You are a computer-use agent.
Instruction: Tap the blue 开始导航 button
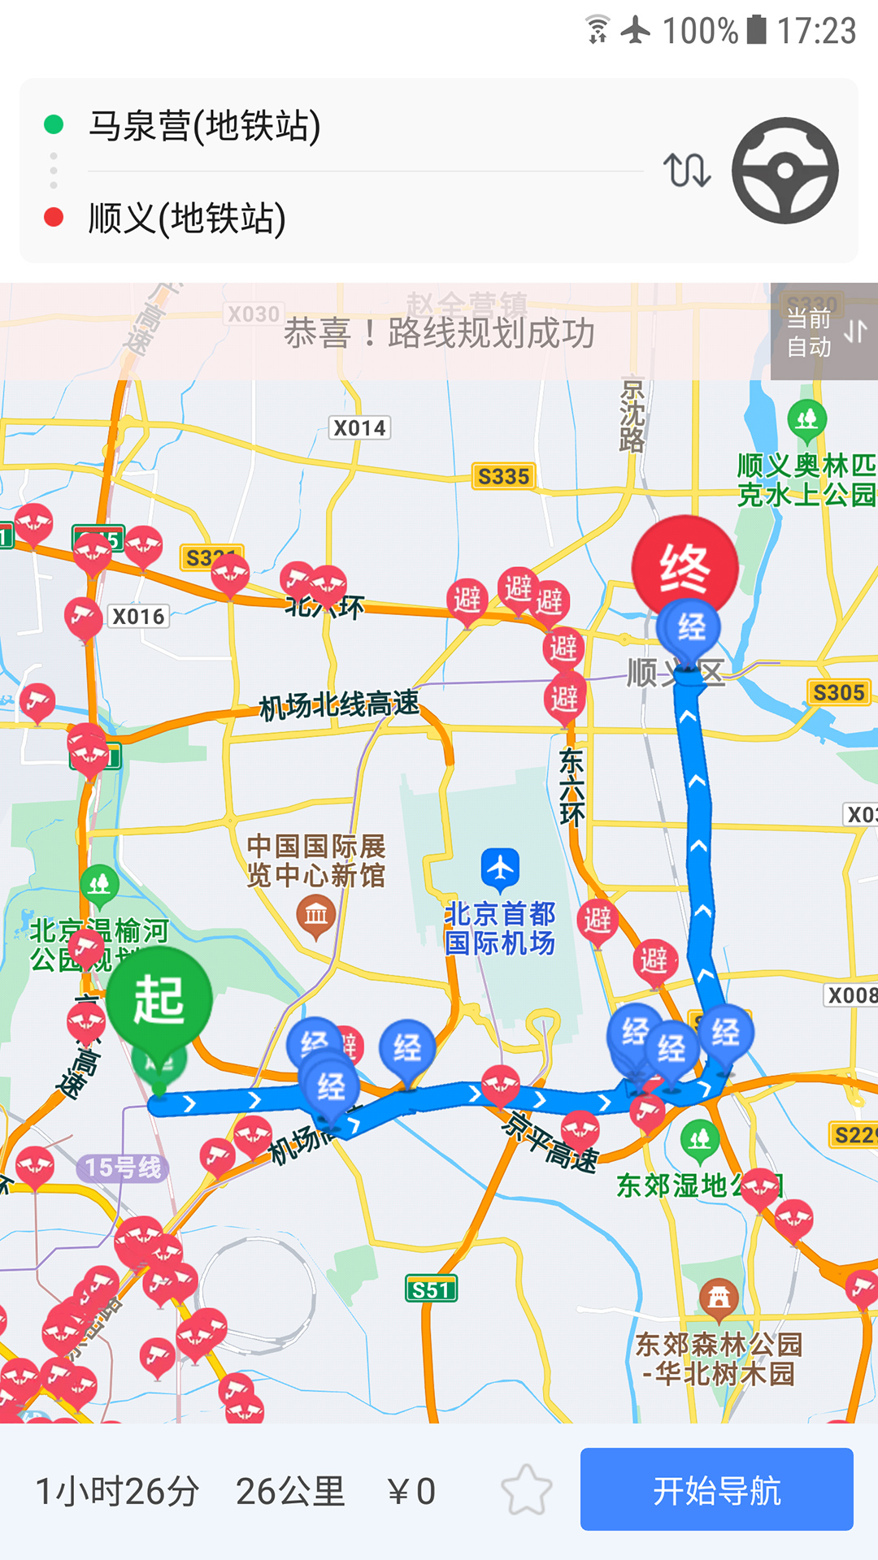pyautogui.click(x=716, y=1490)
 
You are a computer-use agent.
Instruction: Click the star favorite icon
pyautogui.click(x=526, y=1490)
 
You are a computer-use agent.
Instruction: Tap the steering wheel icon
pyautogui.click(x=785, y=171)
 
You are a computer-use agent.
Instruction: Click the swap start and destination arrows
pyautogui.click(x=687, y=171)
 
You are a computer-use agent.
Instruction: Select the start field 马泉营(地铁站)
pyautogui.click(x=204, y=126)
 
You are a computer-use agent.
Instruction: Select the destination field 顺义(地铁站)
pyautogui.click(x=187, y=219)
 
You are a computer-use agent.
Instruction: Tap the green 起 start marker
pyautogui.click(x=159, y=999)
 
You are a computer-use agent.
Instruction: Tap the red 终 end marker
pyautogui.click(x=685, y=568)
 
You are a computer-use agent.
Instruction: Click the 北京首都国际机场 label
pyautogui.click(x=500, y=929)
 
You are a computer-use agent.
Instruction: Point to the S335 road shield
pyautogui.click(x=503, y=477)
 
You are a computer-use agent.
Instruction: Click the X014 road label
pyautogui.click(x=359, y=428)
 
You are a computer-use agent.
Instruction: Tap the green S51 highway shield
pyautogui.click(x=431, y=1289)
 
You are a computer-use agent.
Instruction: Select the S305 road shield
pyautogui.click(x=839, y=693)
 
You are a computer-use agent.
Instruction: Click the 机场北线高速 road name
pyautogui.click(x=339, y=704)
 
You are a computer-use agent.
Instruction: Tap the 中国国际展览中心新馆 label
pyautogui.click(x=316, y=860)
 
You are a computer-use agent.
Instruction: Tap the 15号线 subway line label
pyautogui.click(x=124, y=1168)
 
